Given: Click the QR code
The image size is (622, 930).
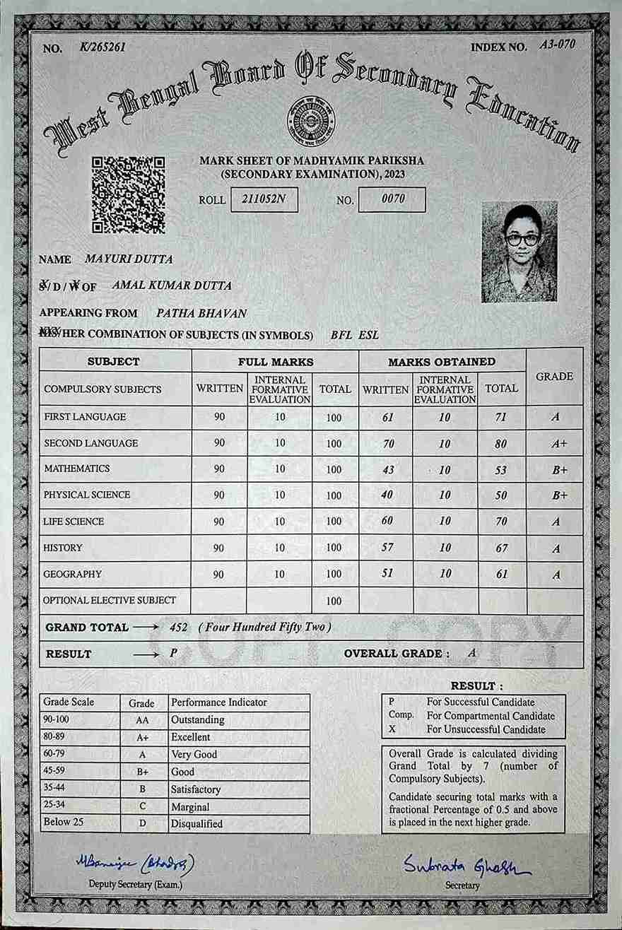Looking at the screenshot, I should point(129,195).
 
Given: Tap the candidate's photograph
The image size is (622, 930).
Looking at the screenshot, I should point(519,252).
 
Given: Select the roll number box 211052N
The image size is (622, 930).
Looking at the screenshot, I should point(264,199).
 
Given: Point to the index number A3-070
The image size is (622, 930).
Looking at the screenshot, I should point(557,45).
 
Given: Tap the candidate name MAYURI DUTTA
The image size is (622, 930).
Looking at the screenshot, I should point(129,259).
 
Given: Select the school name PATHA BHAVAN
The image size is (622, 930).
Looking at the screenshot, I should point(201,313).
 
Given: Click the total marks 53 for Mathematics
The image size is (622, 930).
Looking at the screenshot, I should point(502,469).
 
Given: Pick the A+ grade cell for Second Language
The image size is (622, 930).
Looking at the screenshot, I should point(555,444).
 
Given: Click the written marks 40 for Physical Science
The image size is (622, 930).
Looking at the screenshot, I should point(387,495).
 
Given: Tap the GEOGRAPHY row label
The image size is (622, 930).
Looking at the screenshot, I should point(73,575).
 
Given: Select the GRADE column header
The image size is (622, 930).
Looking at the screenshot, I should point(554,377).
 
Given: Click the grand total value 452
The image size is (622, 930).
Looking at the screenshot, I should point(179,627).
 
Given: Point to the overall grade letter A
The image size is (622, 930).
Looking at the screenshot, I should point(472,653).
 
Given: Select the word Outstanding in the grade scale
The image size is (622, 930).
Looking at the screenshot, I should point(197,720).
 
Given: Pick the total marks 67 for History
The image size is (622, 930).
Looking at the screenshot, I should point(502,548).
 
